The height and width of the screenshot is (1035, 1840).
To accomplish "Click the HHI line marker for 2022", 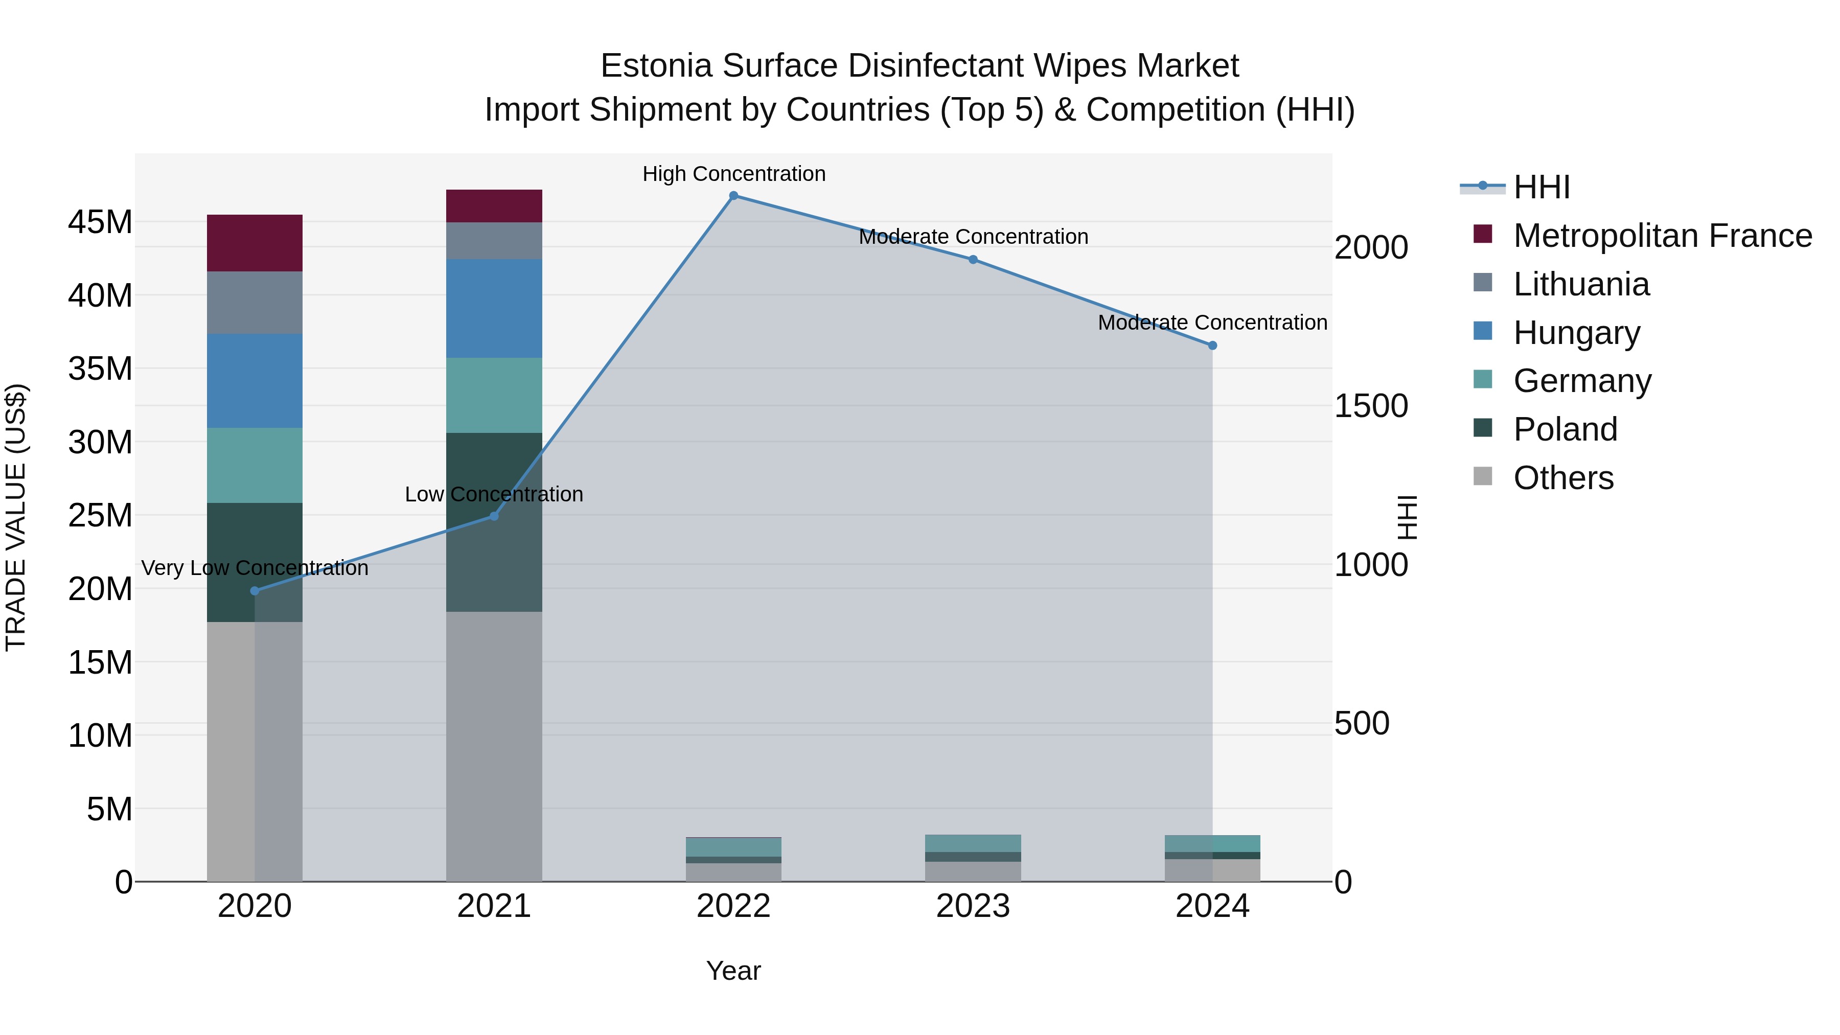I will pos(733,196).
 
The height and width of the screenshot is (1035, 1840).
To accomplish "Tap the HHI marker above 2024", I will pos(1212,346).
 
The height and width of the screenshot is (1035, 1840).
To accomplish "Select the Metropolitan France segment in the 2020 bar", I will pos(255,243).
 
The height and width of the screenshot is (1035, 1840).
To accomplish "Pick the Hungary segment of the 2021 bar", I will pos(494,309).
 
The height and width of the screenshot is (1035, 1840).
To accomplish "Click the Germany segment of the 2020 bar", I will pos(255,465).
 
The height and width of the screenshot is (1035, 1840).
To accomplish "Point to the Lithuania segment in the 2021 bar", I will pos(494,241).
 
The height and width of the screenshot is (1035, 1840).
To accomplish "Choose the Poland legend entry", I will pos(1565,429).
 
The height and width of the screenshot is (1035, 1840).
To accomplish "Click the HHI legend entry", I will pos(1542,187).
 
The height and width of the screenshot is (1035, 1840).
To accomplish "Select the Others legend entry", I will pos(1563,478).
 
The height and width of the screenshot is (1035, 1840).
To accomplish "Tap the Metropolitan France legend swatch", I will pos(1483,234).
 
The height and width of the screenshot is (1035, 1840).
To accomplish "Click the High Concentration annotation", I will pos(733,174).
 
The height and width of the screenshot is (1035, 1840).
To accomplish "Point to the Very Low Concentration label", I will pos(255,568).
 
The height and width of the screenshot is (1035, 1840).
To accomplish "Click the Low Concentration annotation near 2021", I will pos(494,494).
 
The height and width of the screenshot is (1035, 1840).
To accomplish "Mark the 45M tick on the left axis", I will pos(100,222).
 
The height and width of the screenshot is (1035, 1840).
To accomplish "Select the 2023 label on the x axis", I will pos(973,906).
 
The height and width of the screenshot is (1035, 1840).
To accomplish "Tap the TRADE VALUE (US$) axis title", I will pos(16,517).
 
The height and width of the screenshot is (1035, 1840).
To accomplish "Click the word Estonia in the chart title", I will pos(656,66).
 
